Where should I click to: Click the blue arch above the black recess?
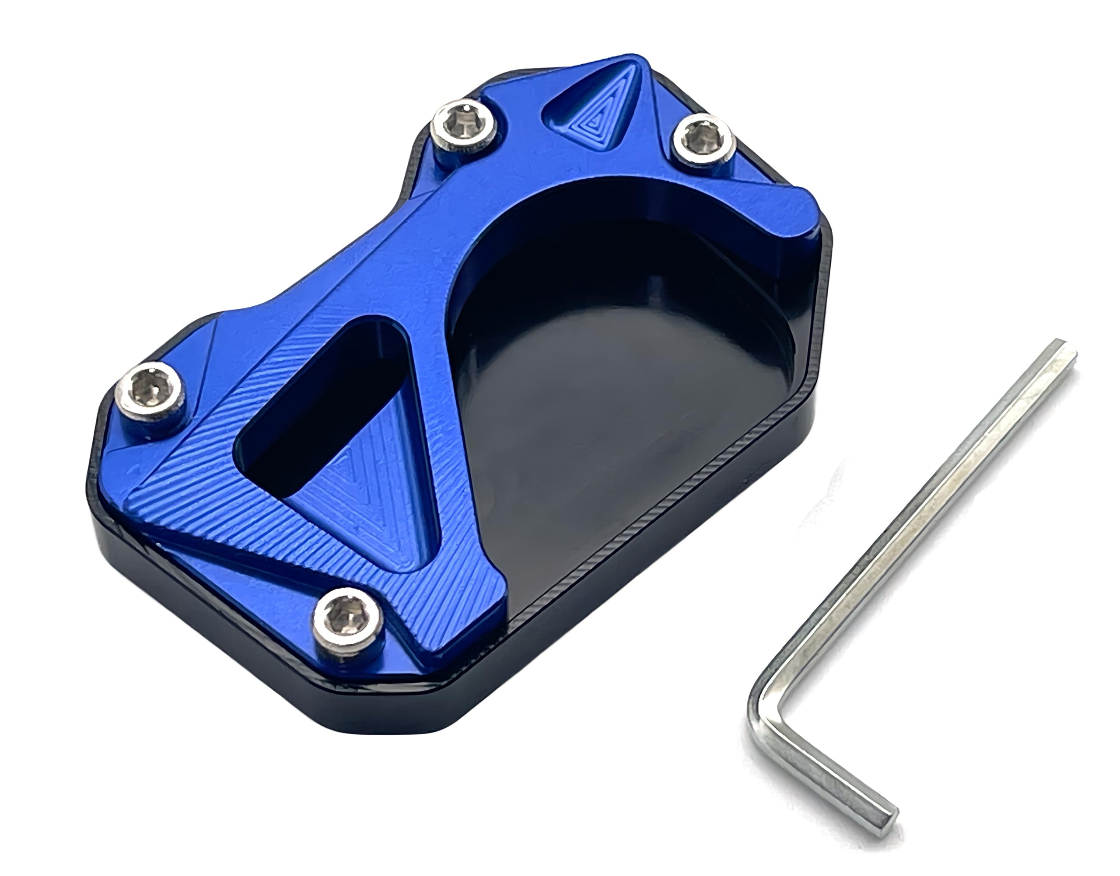[x=564, y=190]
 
